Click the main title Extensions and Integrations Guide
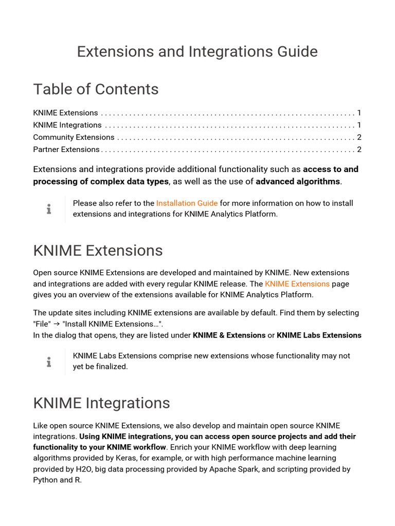[x=197, y=51]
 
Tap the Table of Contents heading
[x=96, y=89]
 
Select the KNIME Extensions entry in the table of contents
[x=65, y=113]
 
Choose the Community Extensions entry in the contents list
[x=74, y=137]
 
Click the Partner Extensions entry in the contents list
[x=66, y=149]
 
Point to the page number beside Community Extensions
[x=359, y=137]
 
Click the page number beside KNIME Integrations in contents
[x=359, y=125]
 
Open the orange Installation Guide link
[x=187, y=203]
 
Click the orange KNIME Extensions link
[x=297, y=284]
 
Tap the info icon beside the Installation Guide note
[x=49, y=209]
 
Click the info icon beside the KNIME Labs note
[x=49, y=362]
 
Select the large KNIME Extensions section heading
[x=98, y=251]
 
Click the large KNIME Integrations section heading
[x=101, y=403]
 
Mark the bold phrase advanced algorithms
[x=298, y=181]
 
